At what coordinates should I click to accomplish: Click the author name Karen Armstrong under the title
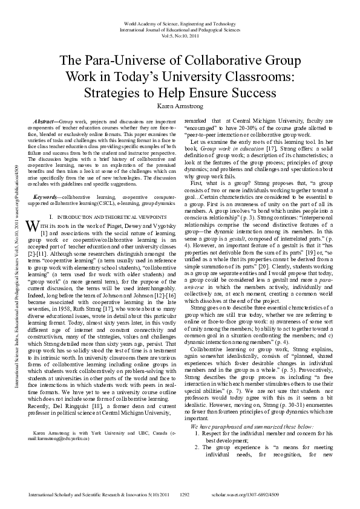[x=180, y=107]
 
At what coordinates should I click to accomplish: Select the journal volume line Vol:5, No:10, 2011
[x=180, y=36]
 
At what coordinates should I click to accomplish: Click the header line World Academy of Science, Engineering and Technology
[x=180, y=23]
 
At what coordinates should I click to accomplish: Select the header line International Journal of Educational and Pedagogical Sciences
[x=180, y=29]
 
